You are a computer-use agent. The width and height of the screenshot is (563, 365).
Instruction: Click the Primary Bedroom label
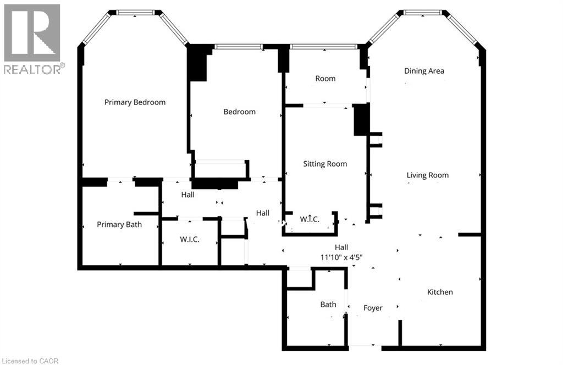point(135,102)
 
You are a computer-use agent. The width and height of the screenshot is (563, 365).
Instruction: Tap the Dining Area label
point(424,71)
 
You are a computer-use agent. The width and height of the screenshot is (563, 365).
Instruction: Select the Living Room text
point(428,175)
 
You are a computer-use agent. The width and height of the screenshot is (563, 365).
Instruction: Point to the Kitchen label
point(440,292)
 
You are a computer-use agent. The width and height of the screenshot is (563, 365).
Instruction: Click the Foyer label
point(373,308)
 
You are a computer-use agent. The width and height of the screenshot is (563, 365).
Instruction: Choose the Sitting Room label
point(325,164)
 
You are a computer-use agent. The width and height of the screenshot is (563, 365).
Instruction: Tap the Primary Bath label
point(119,225)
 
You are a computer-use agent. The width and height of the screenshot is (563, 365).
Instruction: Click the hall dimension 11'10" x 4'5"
point(341,257)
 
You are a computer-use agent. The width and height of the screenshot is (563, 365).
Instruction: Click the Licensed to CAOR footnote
point(30,361)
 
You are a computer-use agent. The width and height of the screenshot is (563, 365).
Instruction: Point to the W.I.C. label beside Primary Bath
point(190,239)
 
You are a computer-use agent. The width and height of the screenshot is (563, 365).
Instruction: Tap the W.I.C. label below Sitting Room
point(310,219)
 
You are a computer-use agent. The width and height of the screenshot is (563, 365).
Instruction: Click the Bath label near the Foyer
point(328,305)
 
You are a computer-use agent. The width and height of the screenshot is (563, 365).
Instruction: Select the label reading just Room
point(325,79)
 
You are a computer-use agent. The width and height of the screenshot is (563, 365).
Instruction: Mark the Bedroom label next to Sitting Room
point(240,112)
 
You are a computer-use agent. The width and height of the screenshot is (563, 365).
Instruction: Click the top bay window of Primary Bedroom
point(135,12)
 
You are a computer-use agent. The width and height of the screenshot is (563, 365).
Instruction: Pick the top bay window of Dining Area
point(423,12)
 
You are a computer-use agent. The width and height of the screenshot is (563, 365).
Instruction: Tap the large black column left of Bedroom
point(198,63)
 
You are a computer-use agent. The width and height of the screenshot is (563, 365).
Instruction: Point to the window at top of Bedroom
point(239,47)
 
